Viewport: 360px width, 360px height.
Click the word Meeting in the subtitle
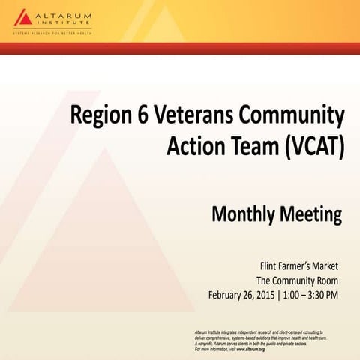(x=312, y=216)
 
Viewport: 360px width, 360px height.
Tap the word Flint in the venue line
(x=271, y=266)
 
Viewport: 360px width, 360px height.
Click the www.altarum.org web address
(x=250, y=349)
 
